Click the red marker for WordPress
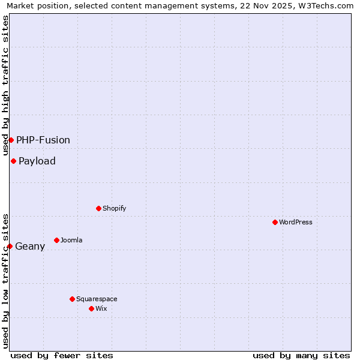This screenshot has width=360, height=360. click(275, 222)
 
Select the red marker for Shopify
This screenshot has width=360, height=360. click(98, 208)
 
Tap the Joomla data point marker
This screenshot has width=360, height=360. click(56, 240)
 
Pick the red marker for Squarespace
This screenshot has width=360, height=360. click(72, 299)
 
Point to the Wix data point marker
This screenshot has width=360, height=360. click(91, 308)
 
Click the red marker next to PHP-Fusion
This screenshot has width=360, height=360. click(11, 140)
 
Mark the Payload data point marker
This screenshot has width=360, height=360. click(13, 161)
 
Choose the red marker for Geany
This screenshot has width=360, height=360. click(10, 246)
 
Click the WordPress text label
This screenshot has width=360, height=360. click(296, 222)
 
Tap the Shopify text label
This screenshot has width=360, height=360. click(114, 208)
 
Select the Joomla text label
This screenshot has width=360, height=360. click(71, 240)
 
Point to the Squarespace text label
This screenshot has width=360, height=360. click(97, 299)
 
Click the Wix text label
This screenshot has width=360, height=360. click(101, 308)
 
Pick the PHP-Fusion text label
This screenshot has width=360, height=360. click(43, 140)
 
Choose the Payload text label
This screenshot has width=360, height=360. click(37, 161)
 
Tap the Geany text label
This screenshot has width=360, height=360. click(30, 246)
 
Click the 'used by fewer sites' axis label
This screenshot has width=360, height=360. click(62, 355)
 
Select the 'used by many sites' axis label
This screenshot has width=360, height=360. click(301, 355)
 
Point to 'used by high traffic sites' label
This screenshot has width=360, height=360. click(5, 85)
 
